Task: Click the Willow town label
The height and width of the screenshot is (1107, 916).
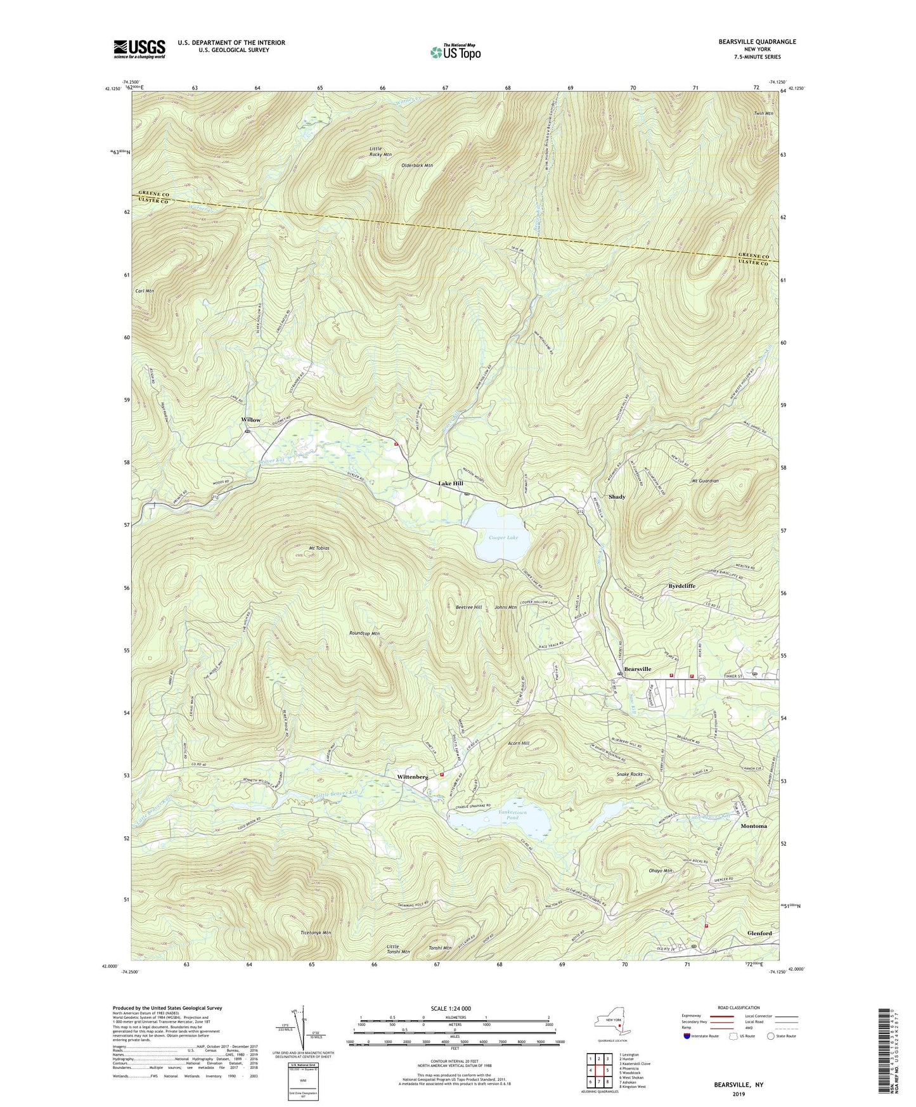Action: tap(250, 420)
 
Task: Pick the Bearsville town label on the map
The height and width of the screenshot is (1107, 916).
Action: tap(637, 669)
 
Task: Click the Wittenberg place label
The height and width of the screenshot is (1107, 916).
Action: tap(412, 776)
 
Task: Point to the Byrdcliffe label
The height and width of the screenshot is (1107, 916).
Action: tap(681, 586)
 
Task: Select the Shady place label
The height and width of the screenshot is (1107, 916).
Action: tap(617, 496)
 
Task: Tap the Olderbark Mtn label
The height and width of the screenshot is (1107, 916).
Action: tap(417, 165)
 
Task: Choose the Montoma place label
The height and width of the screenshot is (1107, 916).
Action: tap(753, 826)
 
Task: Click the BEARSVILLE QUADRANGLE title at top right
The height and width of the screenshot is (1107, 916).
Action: tap(757, 42)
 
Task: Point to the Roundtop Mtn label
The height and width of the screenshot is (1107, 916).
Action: tap(364, 633)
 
